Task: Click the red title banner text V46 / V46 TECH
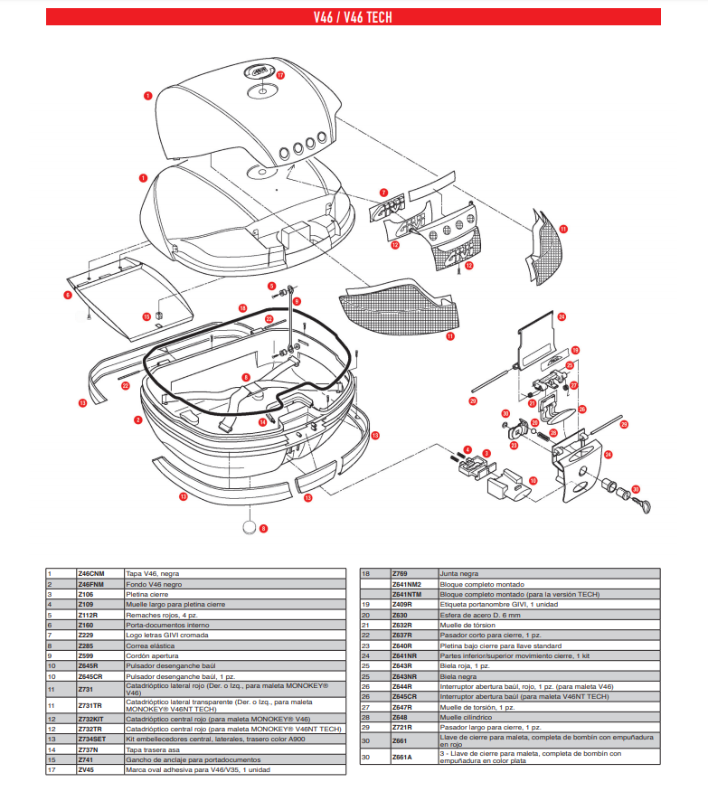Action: [x=353, y=16]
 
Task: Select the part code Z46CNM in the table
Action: [x=91, y=574]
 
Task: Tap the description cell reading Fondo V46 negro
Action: [x=153, y=584]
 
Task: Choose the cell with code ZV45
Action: [x=85, y=769]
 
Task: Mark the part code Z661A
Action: [x=401, y=758]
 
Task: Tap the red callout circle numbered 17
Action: [x=280, y=76]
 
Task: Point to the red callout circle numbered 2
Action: [x=138, y=419]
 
